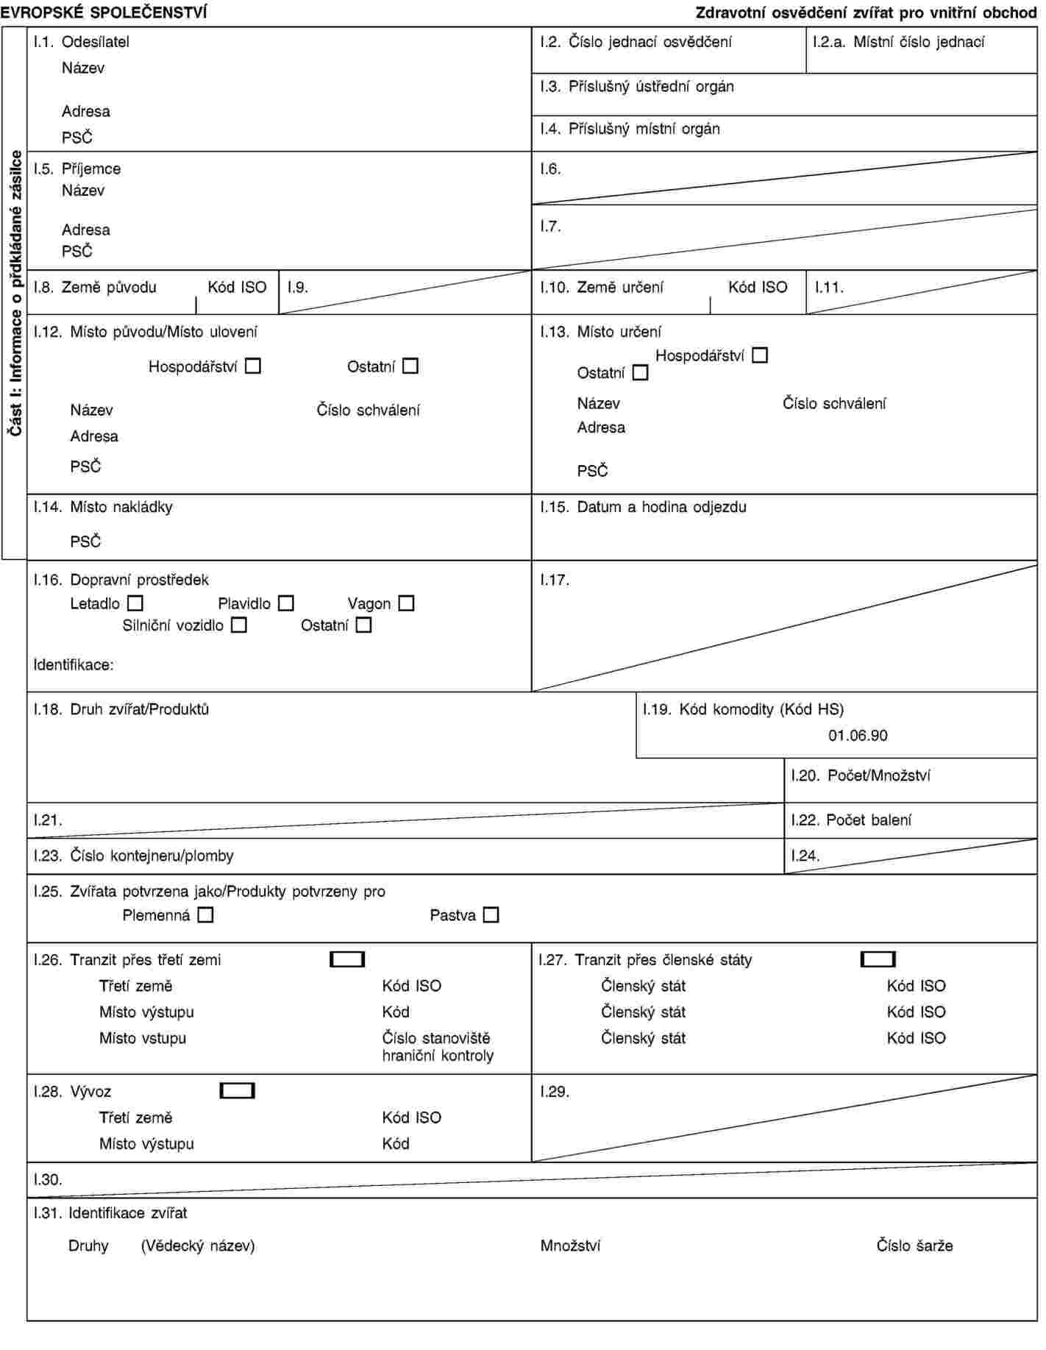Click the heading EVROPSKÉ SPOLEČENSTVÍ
click(x=104, y=13)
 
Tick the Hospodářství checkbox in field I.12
click(x=253, y=366)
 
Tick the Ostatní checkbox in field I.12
click(x=410, y=366)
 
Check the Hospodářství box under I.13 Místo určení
click(x=760, y=355)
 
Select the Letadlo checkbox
click(x=135, y=603)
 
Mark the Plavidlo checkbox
click(x=286, y=603)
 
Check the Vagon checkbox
click(x=406, y=603)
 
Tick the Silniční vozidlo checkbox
click(x=239, y=625)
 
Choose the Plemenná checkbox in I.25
click(x=206, y=915)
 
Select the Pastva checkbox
click(x=491, y=915)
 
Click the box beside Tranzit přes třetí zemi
click(x=347, y=959)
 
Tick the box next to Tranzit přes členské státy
click(x=878, y=959)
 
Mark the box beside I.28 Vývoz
click(x=237, y=1091)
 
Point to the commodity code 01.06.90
click(x=858, y=736)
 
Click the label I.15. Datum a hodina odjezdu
click(x=643, y=507)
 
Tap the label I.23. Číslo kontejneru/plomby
click(x=133, y=856)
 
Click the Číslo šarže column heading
click(x=914, y=1246)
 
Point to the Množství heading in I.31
click(x=570, y=1246)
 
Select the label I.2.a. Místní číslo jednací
click(x=898, y=42)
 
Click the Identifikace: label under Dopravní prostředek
click(x=74, y=665)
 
